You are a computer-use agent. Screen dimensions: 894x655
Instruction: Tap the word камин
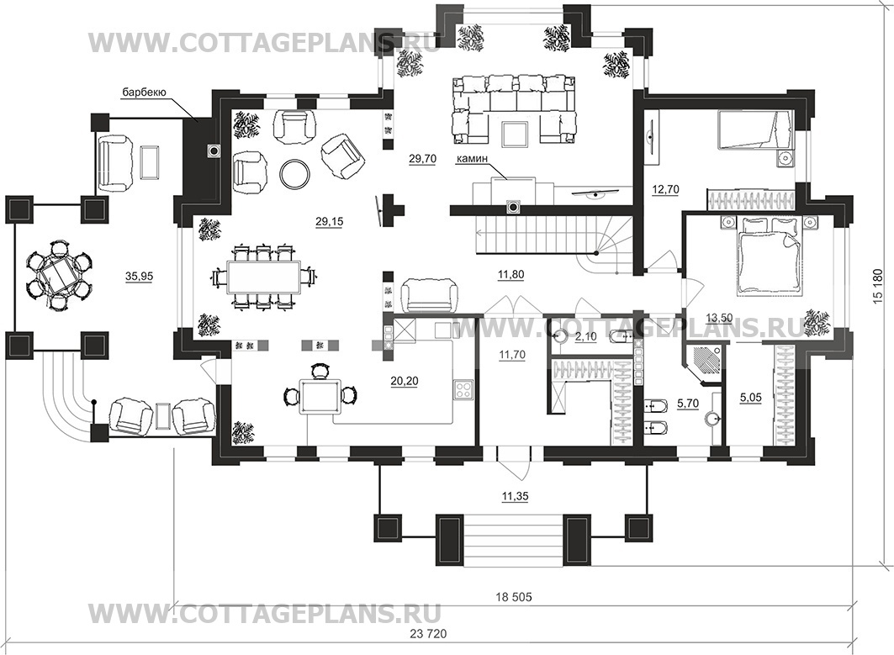coord(471,160)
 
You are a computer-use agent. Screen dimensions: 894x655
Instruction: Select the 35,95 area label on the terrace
coord(139,277)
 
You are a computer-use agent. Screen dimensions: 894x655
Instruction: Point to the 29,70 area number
coord(422,159)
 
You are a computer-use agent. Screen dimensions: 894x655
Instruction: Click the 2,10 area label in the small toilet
coord(585,337)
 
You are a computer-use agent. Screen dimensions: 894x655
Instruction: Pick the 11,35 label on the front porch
coord(515,497)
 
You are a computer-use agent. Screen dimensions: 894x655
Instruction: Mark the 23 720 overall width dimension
coord(428,634)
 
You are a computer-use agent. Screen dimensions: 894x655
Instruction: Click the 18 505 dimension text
coord(513,597)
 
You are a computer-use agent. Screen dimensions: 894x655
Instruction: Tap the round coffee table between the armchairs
coord(295,172)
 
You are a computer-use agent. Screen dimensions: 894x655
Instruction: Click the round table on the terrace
coord(58,276)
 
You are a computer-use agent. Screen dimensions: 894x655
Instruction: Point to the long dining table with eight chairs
coord(263,277)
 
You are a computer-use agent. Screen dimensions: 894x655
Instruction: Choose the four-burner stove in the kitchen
coord(463,390)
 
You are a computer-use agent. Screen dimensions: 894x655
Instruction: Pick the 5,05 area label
coord(750,398)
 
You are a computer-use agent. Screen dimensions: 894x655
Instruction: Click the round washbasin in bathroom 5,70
coord(711,420)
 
